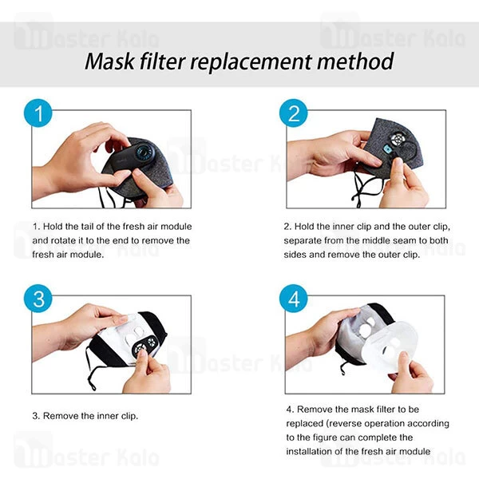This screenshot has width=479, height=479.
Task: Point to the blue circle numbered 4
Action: point(294,300)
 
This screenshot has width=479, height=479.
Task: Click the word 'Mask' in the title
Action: point(111,61)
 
